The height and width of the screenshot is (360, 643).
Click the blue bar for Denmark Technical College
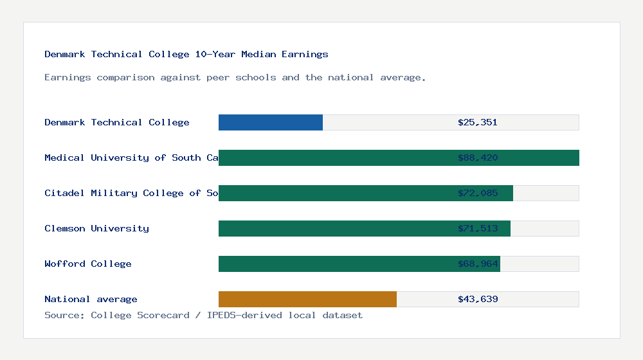click(x=271, y=122)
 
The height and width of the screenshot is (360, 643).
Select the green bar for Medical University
click(x=334, y=157)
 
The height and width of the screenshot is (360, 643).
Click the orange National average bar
click(x=307, y=299)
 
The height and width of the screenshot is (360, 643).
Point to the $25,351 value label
click(x=478, y=122)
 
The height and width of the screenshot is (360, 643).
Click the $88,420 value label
click(x=478, y=157)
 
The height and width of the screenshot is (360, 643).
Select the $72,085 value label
click(x=478, y=193)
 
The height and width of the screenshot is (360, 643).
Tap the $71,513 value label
click(x=478, y=228)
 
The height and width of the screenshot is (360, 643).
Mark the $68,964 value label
click(x=478, y=264)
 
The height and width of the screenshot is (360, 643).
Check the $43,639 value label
click(x=478, y=299)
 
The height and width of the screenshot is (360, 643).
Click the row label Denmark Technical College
click(x=117, y=122)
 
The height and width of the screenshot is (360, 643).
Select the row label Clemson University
click(x=96, y=228)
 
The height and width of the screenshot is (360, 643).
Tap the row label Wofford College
click(x=88, y=264)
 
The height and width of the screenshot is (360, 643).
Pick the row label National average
click(x=91, y=299)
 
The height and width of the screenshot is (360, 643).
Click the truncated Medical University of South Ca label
click(x=131, y=157)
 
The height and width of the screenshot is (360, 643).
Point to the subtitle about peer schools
click(x=235, y=77)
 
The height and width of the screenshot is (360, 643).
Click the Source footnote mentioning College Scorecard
click(x=203, y=315)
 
